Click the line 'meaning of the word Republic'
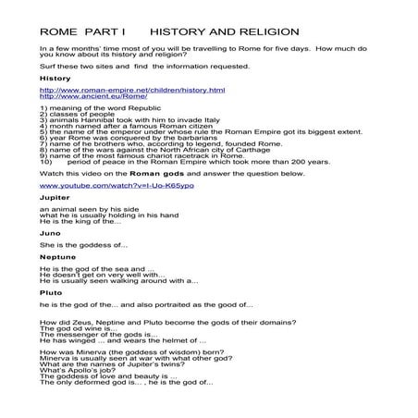point(95,108)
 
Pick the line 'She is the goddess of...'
point(90,246)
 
